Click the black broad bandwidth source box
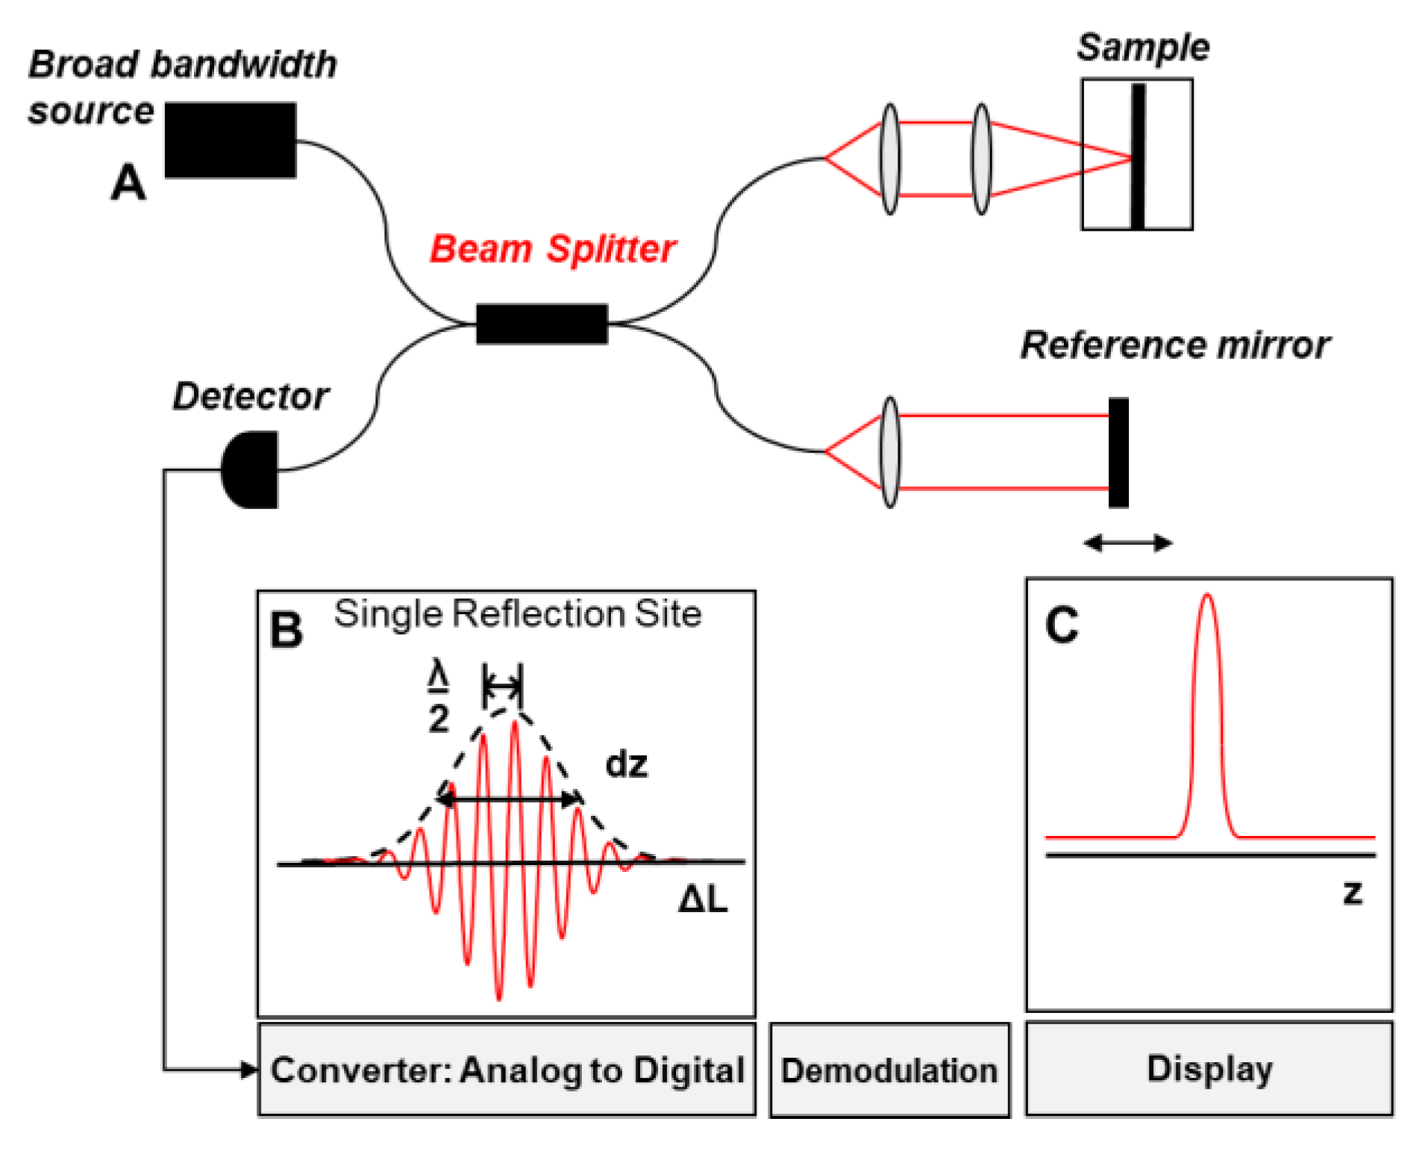click(230, 140)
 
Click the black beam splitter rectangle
click(542, 324)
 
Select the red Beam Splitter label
click(552, 249)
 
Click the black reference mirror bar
click(1118, 452)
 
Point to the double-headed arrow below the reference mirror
click(1127, 543)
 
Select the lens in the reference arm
click(889, 452)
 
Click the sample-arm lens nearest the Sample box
click(981, 159)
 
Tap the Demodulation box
click(889, 1070)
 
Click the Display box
click(1209, 1068)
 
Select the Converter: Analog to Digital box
click(507, 1070)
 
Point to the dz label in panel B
click(626, 764)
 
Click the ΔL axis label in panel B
click(702, 899)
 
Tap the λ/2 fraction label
click(438, 697)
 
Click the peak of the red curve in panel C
click(1206, 596)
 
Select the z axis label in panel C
click(1351, 892)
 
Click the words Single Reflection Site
click(517, 614)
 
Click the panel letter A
click(128, 183)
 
